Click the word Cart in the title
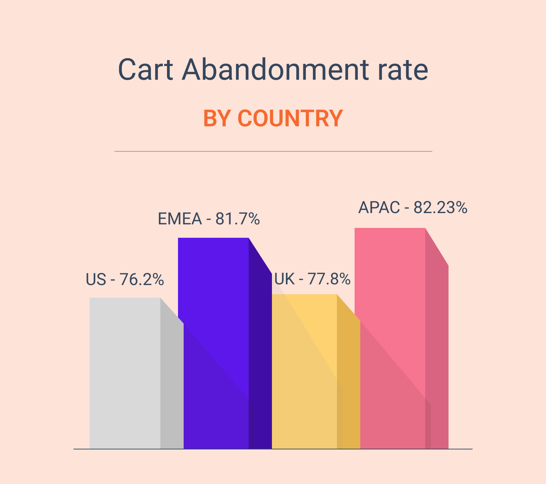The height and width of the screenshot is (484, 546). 145,70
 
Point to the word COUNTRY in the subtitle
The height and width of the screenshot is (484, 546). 290,119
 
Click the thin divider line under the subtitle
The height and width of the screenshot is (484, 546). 273,151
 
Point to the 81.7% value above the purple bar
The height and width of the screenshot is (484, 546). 238,219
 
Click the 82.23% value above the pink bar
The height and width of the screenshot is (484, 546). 440,208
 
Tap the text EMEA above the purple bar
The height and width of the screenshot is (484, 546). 180,219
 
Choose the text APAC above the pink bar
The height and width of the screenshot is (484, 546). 379,208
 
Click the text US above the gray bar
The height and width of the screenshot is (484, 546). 96,280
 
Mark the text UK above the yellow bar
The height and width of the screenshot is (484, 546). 284,279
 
